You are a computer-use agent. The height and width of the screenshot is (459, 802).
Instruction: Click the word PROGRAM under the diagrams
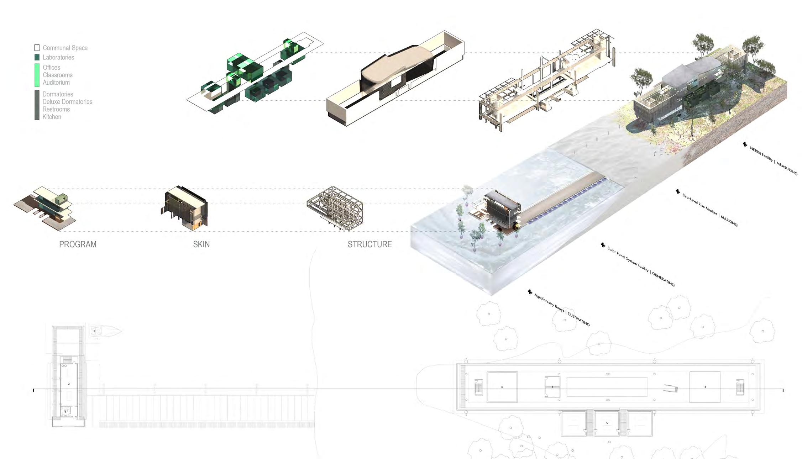click(78, 244)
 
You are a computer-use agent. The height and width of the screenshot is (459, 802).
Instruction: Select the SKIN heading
click(201, 244)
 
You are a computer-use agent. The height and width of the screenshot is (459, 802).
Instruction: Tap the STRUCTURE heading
click(369, 244)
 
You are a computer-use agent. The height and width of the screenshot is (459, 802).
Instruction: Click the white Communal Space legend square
click(37, 48)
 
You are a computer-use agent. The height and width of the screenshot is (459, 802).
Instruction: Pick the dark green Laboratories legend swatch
click(37, 57)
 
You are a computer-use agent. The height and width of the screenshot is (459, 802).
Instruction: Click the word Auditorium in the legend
click(56, 83)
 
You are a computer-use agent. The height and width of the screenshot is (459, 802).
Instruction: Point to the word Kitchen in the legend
click(52, 117)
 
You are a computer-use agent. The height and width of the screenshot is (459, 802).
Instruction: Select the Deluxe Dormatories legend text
click(67, 102)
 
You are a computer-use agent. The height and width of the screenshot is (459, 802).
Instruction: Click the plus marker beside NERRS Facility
click(745, 144)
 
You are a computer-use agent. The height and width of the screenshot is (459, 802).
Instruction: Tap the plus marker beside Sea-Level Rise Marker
click(678, 191)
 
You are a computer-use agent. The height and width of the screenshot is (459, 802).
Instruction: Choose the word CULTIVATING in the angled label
click(578, 319)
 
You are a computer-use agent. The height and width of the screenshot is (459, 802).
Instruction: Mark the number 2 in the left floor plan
click(69, 384)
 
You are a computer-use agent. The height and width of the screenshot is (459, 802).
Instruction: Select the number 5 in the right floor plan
click(607, 423)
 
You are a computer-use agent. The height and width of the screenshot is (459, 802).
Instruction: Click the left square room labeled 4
click(502, 387)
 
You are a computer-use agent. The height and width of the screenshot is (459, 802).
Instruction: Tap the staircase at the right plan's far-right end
click(740, 387)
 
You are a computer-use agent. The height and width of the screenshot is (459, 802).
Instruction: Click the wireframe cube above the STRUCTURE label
click(335, 209)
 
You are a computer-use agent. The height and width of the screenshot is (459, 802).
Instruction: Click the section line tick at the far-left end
click(34, 390)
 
